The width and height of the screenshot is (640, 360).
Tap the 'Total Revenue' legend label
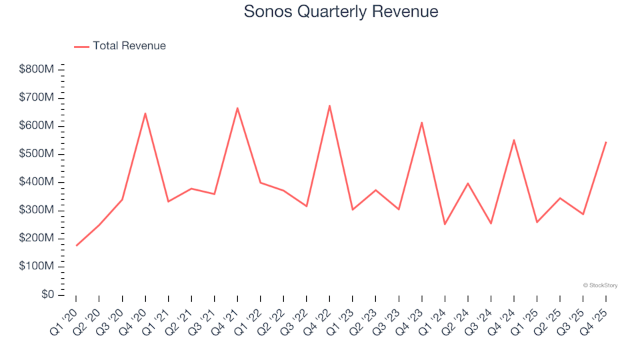pyautogui.click(x=129, y=46)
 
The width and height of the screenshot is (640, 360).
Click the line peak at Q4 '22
pyautogui.click(x=329, y=105)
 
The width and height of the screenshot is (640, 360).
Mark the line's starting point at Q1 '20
pyautogui.click(x=76, y=246)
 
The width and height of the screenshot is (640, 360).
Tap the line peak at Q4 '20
pyautogui.click(x=145, y=113)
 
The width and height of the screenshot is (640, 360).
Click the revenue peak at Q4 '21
pyautogui.click(x=237, y=108)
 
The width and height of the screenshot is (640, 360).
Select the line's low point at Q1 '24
pyautogui.click(x=445, y=224)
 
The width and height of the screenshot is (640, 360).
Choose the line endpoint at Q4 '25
pyautogui.click(x=606, y=142)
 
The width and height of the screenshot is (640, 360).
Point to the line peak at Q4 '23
pyautogui.click(x=421, y=123)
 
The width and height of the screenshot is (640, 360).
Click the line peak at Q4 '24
pyautogui.click(x=514, y=140)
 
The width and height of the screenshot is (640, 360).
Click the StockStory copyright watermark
pyautogui.click(x=600, y=285)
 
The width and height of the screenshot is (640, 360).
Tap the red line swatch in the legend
pyautogui.click(x=81, y=46)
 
